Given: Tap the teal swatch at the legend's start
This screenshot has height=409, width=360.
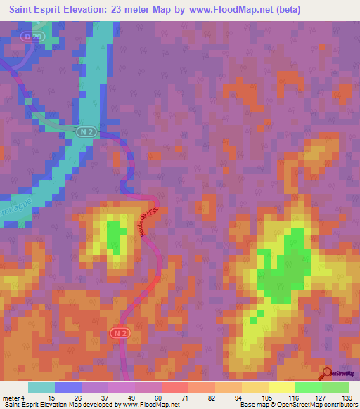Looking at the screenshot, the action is point(41,387).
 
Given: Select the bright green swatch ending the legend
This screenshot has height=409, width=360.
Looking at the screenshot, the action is point(335,387).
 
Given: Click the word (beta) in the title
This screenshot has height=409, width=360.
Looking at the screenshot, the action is point(288,10).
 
